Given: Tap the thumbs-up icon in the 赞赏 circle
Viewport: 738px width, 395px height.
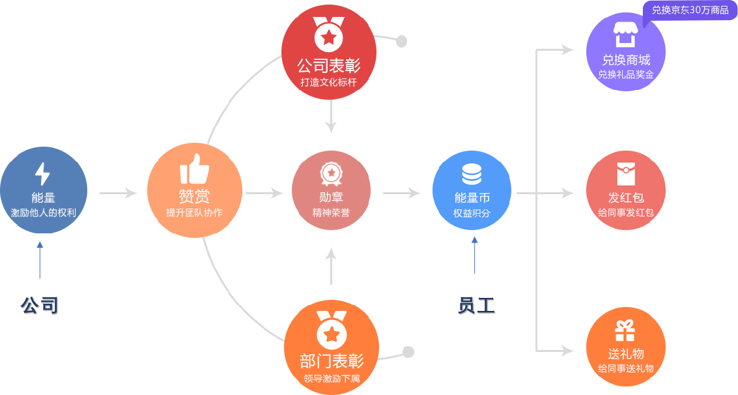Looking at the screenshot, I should coord(194,169).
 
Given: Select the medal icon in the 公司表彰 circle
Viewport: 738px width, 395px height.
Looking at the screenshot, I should coord(329,35).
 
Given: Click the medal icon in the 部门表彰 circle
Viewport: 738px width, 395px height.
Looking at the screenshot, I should coord(332,330).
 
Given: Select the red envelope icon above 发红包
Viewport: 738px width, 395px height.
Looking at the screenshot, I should coord(626,173).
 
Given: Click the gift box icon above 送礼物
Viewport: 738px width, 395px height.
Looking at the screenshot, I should coord(625,330).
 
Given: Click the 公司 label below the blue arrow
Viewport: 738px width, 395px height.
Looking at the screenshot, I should coord(39,305).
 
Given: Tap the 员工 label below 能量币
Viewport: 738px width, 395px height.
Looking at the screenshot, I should coord(475,305).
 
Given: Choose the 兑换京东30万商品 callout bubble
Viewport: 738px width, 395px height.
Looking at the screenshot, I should coord(690,10).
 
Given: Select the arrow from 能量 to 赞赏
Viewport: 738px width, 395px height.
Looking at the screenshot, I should coord(118,193).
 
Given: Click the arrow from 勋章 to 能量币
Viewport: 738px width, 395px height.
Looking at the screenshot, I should coord(401,193).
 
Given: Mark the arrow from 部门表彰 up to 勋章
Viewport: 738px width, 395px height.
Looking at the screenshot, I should coord(332,265).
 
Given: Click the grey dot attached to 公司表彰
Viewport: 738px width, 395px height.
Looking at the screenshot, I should coord(401,42).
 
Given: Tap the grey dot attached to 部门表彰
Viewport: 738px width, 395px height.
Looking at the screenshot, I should coord(408,352).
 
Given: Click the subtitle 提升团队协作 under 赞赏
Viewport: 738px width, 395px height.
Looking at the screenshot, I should coord(194,212).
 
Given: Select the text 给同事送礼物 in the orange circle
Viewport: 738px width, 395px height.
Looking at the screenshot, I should coord(625,369).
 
